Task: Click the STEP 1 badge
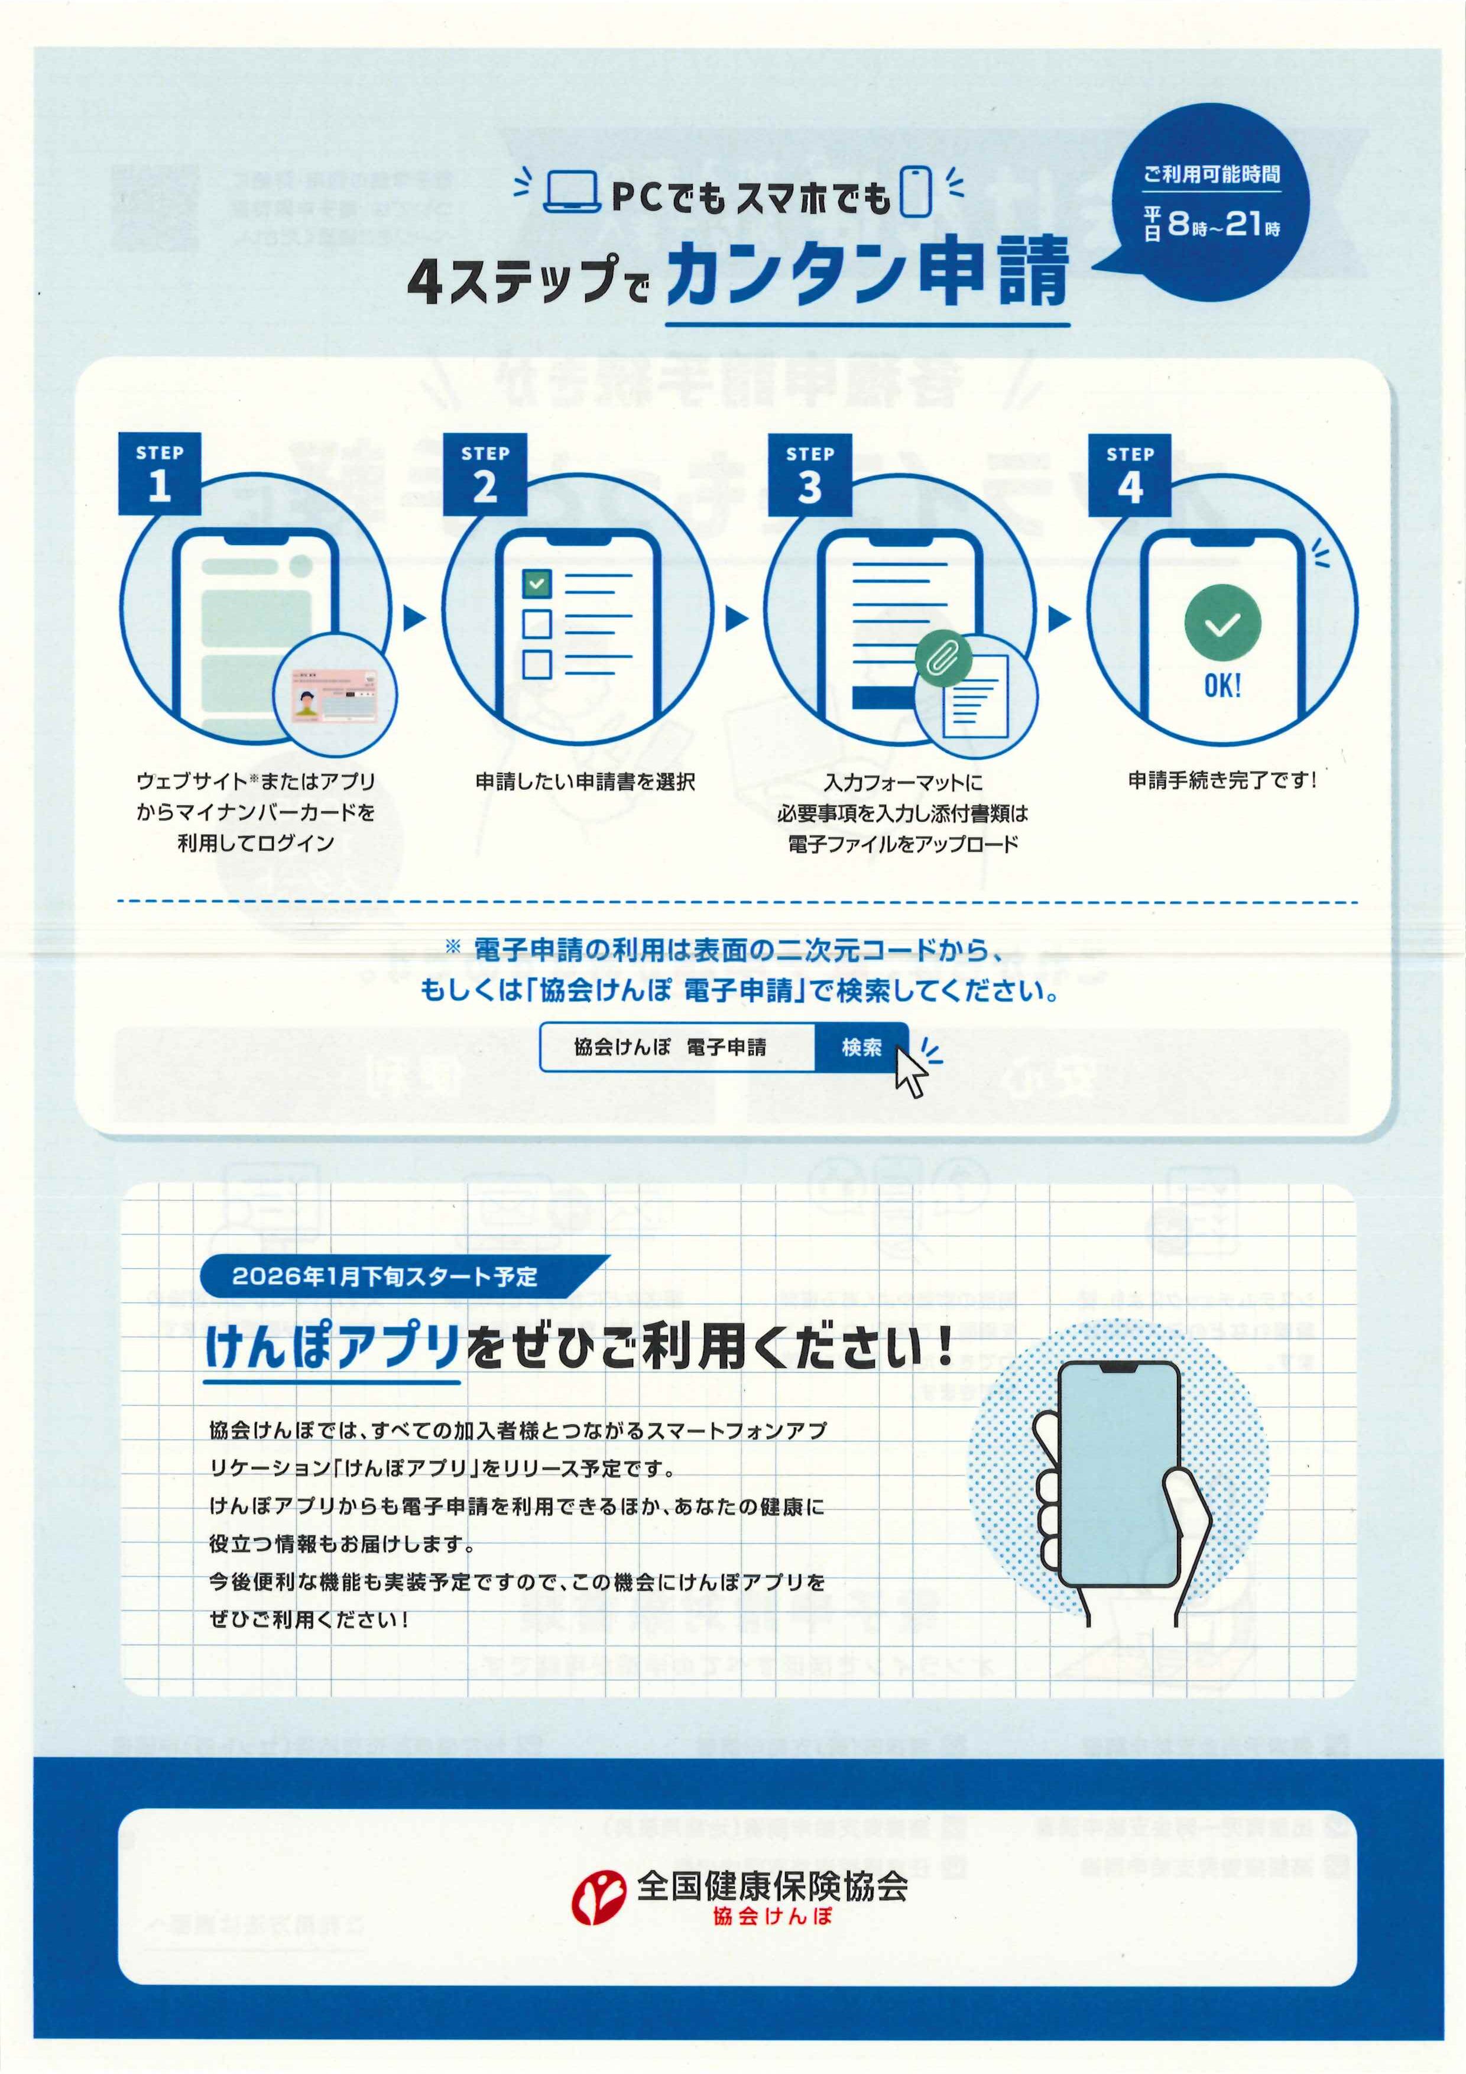pyautogui.click(x=159, y=474)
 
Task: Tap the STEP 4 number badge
pyautogui.click(x=1129, y=476)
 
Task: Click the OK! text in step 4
pyautogui.click(x=1222, y=686)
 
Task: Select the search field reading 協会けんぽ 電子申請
pyautogui.click(x=677, y=1047)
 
